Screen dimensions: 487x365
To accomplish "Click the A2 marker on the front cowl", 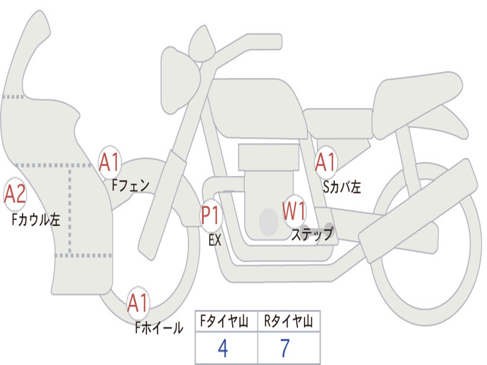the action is click(x=15, y=194).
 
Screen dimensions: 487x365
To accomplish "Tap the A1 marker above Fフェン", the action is click(x=109, y=162).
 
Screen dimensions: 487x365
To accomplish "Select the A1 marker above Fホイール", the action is click(x=138, y=303).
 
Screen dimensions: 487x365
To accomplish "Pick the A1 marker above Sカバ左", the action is click(x=326, y=162).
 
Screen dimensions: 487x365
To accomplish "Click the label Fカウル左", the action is click(x=36, y=220).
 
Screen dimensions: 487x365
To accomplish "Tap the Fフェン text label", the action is click(x=131, y=185).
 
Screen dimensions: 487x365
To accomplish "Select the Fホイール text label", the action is click(x=159, y=327).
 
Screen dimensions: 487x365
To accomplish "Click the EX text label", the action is click(x=215, y=240).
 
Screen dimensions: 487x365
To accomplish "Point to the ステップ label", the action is click(x=312, y=234).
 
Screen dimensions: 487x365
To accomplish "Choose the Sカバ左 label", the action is click(x=342, y=187).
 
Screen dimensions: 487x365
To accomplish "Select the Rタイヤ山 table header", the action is click(x=289, y=321).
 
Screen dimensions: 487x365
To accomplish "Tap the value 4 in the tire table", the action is click(x=223, y=348).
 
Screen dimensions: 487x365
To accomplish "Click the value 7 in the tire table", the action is click(x=285, y=348).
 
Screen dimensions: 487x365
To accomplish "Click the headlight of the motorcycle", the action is click(x=180, y=81).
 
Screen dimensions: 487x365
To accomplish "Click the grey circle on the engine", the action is click(x=269, y=222).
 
